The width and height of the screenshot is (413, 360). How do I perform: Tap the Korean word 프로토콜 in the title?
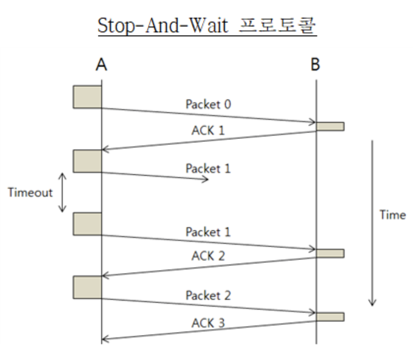point(277,25)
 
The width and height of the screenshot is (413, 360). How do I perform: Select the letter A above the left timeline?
point(101,64)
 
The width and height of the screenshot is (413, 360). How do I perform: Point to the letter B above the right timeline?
point(315,64)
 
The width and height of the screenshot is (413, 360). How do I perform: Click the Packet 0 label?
point(208,104)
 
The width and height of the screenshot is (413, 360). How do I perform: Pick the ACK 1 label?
point(208,130)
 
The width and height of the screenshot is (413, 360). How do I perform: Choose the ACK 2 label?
point(208,256)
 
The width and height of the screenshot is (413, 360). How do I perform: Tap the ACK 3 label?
point(208,323)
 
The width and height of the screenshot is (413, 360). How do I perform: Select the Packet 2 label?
point(208,296)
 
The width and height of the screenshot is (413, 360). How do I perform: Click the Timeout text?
point(30,193)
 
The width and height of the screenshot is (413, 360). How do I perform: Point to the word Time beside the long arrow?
point(393,215)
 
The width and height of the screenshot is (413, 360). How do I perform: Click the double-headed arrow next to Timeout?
point(62,193)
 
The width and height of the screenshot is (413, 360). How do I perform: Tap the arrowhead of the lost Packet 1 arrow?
point(206,180)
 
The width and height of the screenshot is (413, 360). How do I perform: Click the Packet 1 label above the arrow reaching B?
point(208,232)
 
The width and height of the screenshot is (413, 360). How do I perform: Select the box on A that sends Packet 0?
point(87,97)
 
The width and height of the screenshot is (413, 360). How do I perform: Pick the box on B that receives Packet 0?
point(330,126)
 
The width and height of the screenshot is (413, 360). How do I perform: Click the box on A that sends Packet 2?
point(87,287)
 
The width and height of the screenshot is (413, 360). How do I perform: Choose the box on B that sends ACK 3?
point(330,317)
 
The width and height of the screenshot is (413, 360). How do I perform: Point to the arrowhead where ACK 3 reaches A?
point(104,339)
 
